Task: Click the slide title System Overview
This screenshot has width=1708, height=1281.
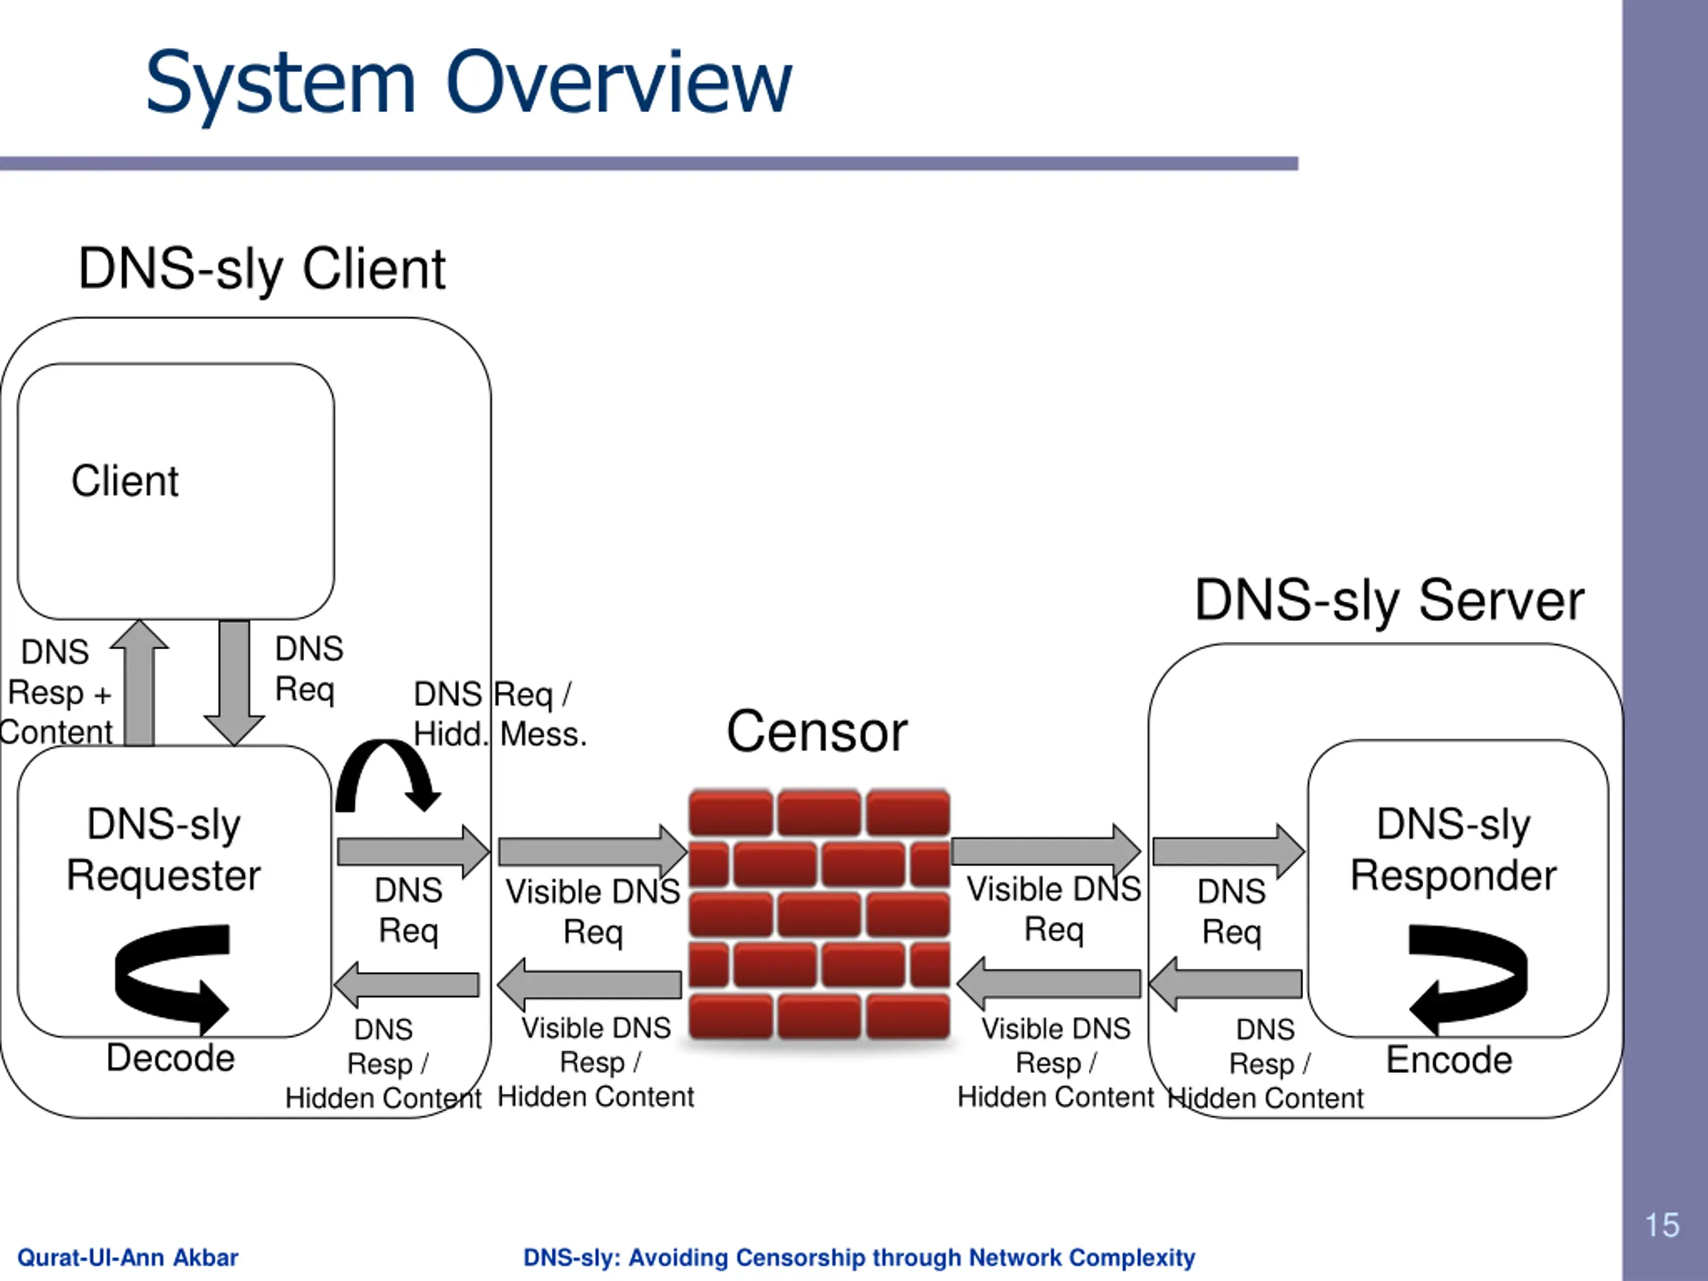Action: (468, 83)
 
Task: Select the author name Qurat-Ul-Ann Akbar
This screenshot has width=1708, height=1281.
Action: (127, 1258)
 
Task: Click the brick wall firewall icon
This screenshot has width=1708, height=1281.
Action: (819, 914)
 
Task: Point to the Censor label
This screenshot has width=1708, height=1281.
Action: (817, 732)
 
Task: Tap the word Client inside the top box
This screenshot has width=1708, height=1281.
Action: (125, 481)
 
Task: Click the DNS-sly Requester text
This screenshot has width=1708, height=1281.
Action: (163, 849)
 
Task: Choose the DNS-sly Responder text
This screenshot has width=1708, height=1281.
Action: (1453, 849)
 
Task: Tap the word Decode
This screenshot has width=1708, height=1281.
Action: (171, 1058)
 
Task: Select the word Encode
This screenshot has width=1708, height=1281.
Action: (1449, 1059)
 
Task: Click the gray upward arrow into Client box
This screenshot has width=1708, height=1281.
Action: (139, 683)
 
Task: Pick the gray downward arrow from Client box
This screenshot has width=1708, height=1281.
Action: (234, 683)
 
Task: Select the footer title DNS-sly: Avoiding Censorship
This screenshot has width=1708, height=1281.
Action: (859, 1258)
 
